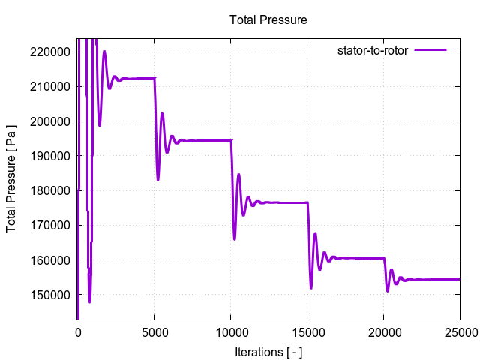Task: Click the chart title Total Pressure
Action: [x=268, y=19]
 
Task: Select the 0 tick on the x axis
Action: [x=78, y=330]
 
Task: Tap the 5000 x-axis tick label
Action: [x=154, y=330]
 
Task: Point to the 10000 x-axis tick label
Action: [x=231, y=330]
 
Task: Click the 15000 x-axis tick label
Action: [x=307, y=330]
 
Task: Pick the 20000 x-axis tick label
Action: [x=383, y=330]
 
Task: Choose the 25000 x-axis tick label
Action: [x=459, y=330]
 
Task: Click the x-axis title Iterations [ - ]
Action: [x=268, y=351]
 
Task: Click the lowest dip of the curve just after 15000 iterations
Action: [x=311, y=287]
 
